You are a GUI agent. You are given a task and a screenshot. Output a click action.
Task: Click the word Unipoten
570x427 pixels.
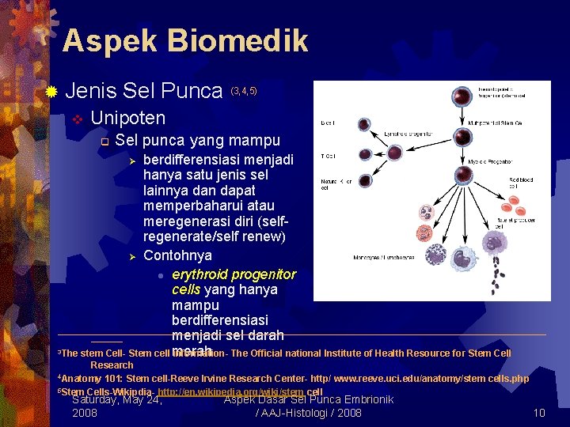(128, 119)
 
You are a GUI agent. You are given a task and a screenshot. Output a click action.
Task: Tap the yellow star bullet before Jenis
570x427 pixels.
(51, 93)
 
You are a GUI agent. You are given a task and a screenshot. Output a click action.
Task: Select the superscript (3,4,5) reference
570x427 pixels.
(243, 92)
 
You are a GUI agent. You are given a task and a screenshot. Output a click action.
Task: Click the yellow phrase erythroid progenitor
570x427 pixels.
(234, 274)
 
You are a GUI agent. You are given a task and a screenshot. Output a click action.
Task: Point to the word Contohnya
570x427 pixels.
(177, 255)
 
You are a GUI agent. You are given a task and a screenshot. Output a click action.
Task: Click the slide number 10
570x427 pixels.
(539, 413)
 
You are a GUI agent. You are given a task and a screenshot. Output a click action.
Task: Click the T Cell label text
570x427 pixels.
(328, 155)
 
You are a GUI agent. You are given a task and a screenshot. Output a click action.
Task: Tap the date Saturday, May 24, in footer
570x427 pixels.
(117, 399)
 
